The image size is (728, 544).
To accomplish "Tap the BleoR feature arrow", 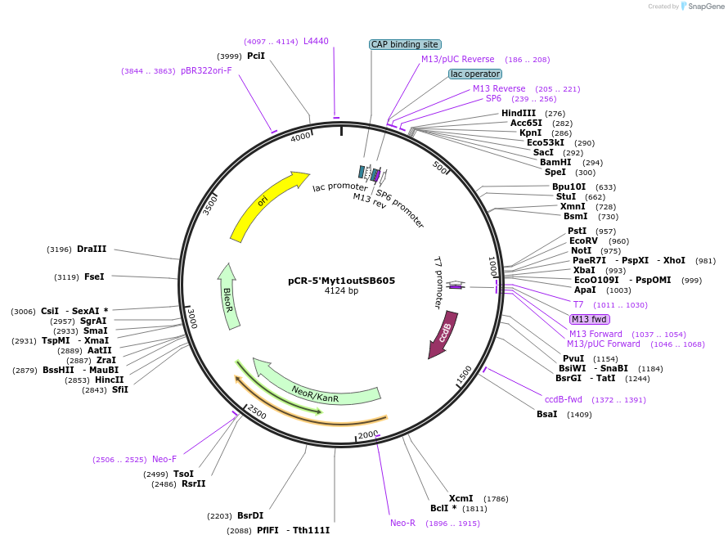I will point(229,296).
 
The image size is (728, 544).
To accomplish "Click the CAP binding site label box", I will point(405,45).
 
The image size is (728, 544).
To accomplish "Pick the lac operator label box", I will point(475,74).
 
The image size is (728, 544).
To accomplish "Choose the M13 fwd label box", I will point(590,319).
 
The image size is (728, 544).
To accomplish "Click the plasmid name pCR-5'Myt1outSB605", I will point(342,280).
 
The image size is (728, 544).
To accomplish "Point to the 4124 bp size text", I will point(342,290).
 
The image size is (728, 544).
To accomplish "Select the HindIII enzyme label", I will point(519,113).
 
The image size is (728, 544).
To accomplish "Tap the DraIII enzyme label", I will point(92,249).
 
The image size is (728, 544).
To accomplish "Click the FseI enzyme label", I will point(94,276).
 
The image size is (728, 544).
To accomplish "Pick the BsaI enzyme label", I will point(546,414).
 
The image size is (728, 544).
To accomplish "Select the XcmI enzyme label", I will point(461,498).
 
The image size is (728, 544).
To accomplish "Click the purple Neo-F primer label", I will point(164,459).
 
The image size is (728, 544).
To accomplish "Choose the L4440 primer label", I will point(316,41).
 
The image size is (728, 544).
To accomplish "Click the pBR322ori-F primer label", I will point(206,70).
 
